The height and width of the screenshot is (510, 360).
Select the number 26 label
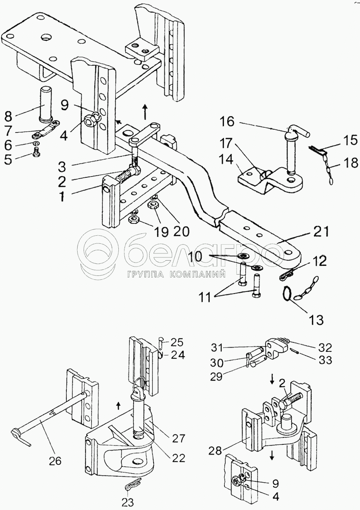coord(55,461)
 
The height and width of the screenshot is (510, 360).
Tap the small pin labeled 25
coord(160,343)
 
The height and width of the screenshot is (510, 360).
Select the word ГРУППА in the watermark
coord(145,275)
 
